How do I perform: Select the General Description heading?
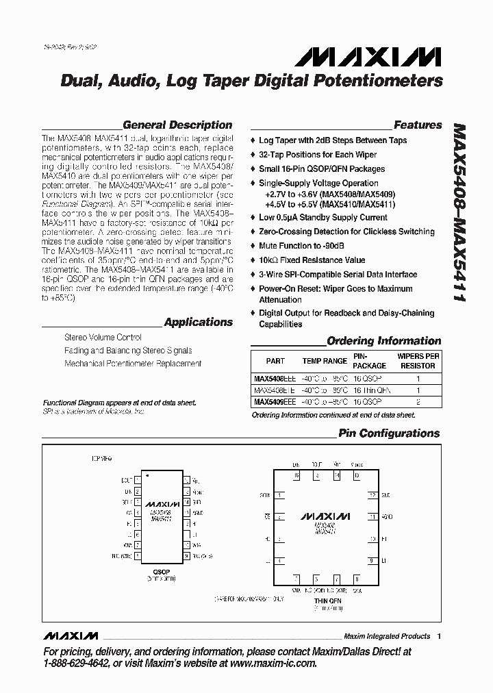point(177,125)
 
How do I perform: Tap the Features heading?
point(418,125)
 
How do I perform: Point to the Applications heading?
point(199,322)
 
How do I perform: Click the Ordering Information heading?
point(383,341)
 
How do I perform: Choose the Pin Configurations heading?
point(389,433)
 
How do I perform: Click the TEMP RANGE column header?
point(325,361)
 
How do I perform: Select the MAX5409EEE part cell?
point(275,402)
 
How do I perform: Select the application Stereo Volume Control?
point(103,338)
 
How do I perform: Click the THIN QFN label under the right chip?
point(327,601)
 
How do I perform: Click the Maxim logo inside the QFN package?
point(325,515)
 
